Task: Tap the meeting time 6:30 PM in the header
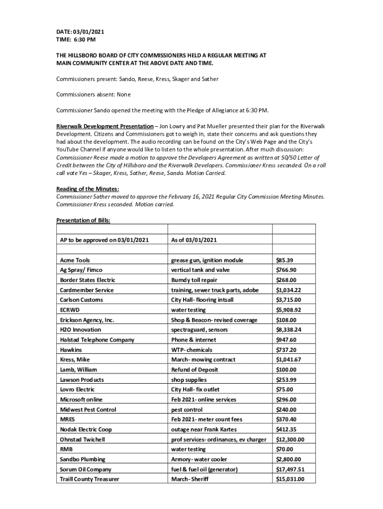[85, 40]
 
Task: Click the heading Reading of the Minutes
[88, 188]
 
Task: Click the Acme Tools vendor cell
[75, 260]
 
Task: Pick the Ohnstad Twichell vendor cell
[83, 439]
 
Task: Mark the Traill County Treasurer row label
[90, 479]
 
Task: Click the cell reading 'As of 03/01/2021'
[194, 240]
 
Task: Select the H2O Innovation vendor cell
[81, 330]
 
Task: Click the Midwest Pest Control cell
[88, 410]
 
